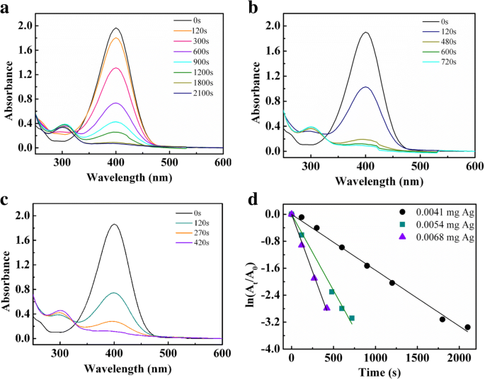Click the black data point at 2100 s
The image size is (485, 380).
(467, 327)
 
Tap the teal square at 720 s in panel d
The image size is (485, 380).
(352, 318)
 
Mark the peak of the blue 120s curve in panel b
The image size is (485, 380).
(365, 87)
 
